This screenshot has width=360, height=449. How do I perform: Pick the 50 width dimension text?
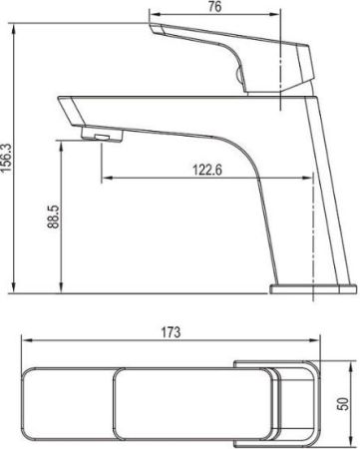pos(344,403)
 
